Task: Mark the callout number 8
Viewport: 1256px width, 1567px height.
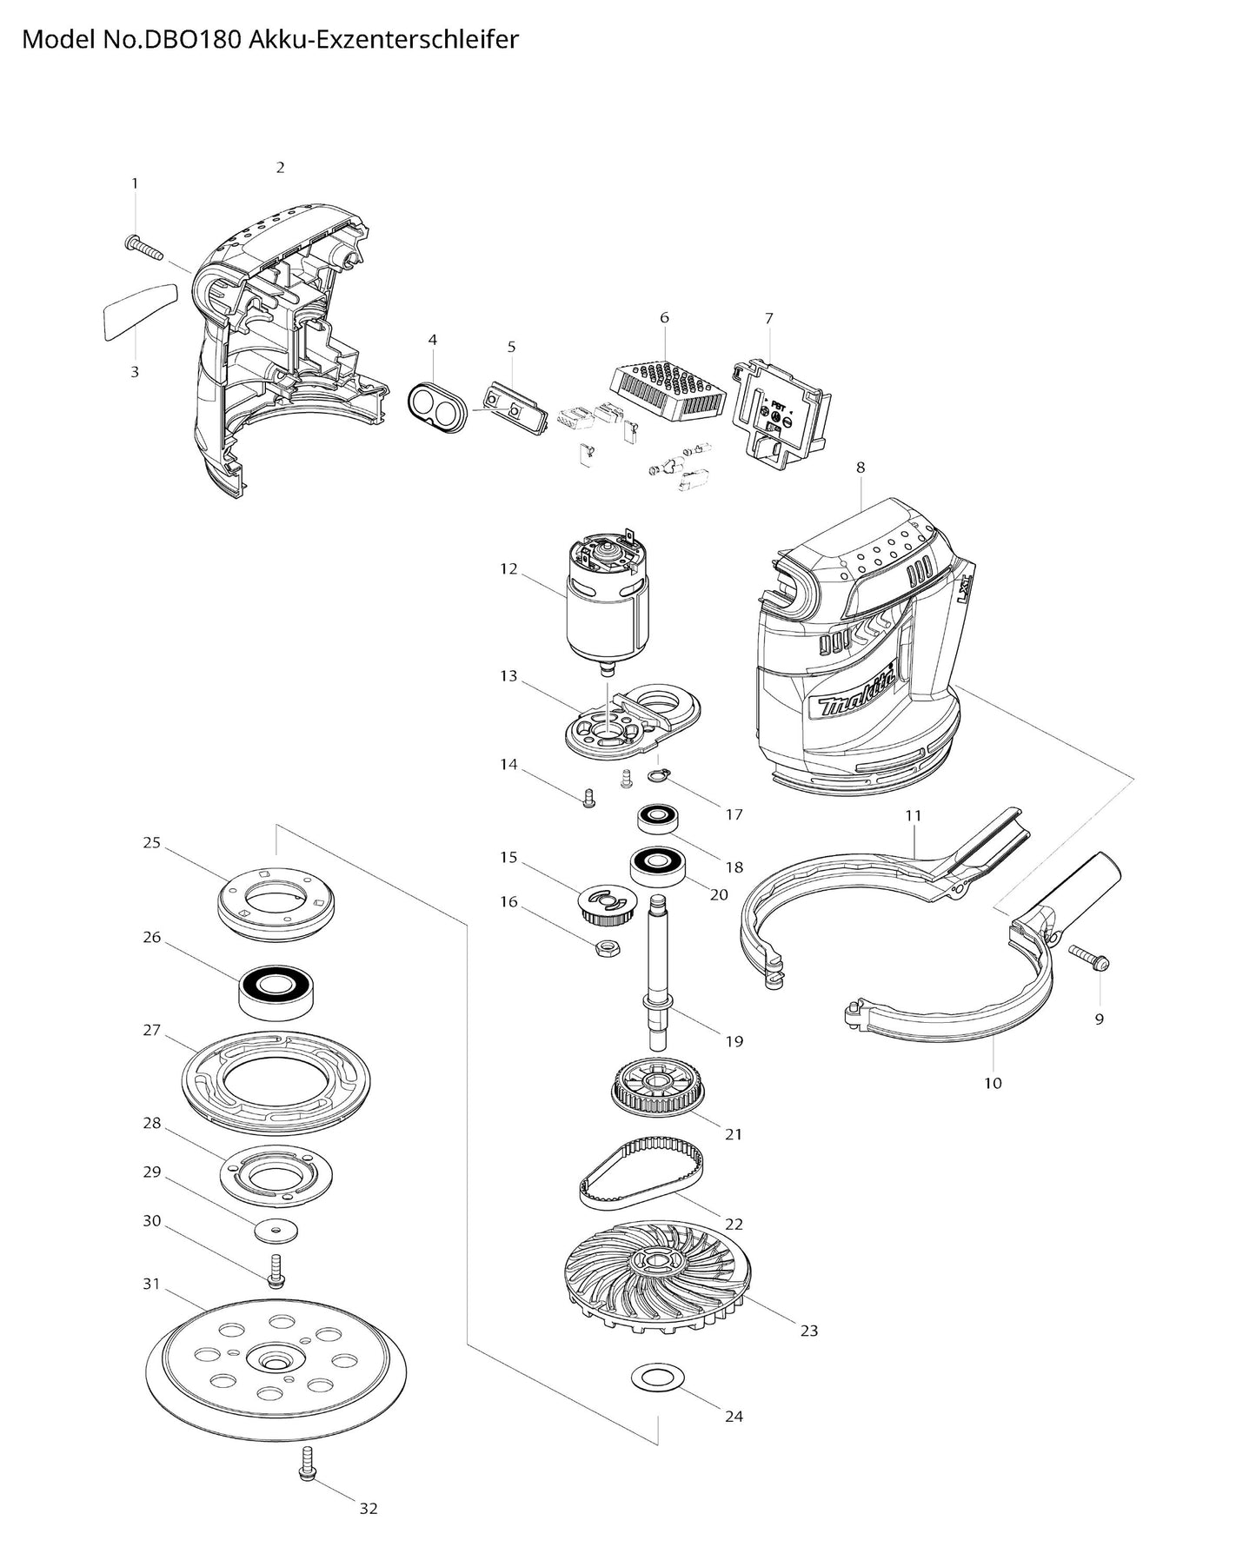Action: (x=861, y=468)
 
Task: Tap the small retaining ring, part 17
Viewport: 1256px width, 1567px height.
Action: (x=664, y=774)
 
